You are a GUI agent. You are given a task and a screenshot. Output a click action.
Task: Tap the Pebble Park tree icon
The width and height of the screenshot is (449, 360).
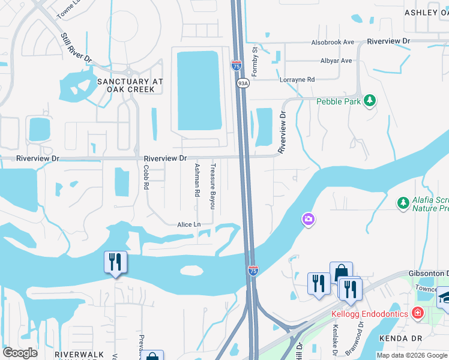click(370, 101)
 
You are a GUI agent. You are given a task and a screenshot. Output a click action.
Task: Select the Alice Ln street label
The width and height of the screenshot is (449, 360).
click(188, 224)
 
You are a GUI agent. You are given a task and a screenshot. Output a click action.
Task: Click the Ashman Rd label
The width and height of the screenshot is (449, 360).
click(196, 180)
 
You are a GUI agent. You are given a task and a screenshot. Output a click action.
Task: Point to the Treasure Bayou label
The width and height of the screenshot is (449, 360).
click(212, 185)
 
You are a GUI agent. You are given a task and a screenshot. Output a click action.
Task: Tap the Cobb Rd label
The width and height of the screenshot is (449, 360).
click(146, 178)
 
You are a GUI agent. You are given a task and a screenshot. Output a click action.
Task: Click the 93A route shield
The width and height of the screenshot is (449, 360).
click(242, 83)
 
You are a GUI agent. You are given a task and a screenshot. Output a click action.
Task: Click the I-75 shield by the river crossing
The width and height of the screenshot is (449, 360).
click(253, 271)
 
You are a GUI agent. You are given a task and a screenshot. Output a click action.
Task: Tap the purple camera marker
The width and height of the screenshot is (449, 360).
click(308, 220)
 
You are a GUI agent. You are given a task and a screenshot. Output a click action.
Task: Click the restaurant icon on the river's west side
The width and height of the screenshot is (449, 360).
click(115, 262)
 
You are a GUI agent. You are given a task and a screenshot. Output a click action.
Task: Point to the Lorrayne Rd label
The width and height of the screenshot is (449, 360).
click(297, 79)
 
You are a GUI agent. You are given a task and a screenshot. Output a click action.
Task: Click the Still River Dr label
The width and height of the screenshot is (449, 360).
click(76, 48)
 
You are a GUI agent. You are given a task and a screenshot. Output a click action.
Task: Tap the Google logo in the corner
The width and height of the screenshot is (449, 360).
click(20, 353)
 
